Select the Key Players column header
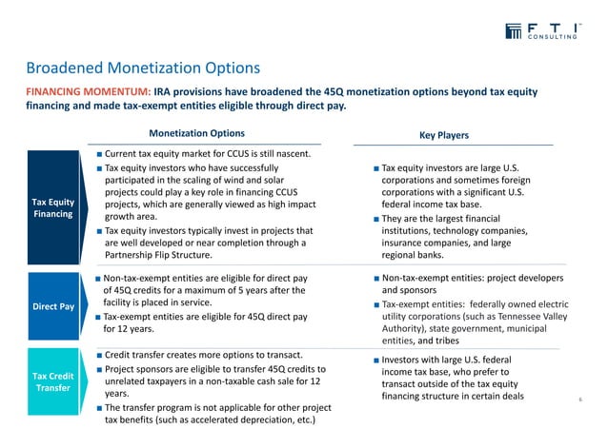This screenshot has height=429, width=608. tap(444, 135)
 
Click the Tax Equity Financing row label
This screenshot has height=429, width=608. tap(52, 208)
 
